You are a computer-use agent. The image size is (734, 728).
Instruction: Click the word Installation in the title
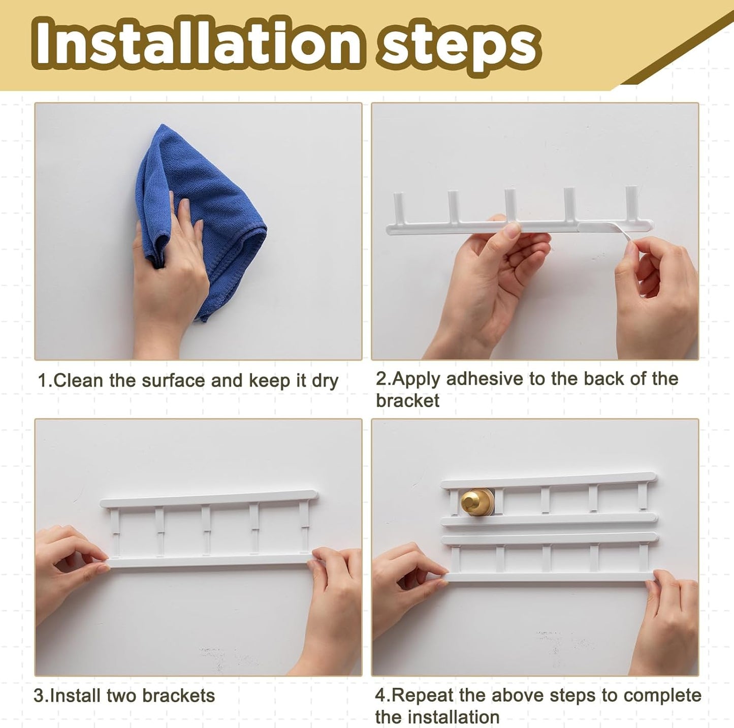pos(198,45)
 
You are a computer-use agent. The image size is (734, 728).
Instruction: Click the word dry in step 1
pos(325,381)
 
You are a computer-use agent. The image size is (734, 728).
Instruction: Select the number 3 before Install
pos(39,695)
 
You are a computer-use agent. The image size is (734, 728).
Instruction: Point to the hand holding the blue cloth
pos(168,269)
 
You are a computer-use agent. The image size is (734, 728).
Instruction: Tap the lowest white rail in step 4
pos(549,576)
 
